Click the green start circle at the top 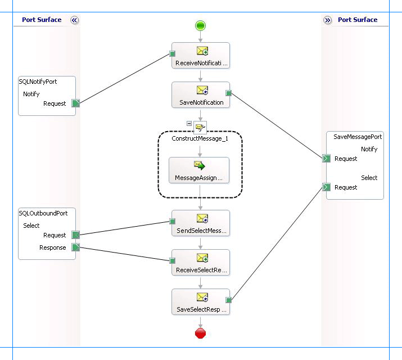point(201,25)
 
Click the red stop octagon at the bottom point(201,334)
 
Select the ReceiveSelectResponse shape point(201,263)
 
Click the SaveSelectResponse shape point(201,302)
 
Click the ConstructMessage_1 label point(200,138)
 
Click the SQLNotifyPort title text point(38,82)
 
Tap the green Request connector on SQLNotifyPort point(75,103)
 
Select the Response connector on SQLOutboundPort point(75,247)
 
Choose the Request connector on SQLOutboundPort point(75,235)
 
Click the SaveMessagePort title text point(358,137)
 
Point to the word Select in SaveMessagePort point(369,178)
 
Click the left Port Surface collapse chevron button point(74,20)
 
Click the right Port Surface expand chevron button point(328,20)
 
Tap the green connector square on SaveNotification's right point(228,93)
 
